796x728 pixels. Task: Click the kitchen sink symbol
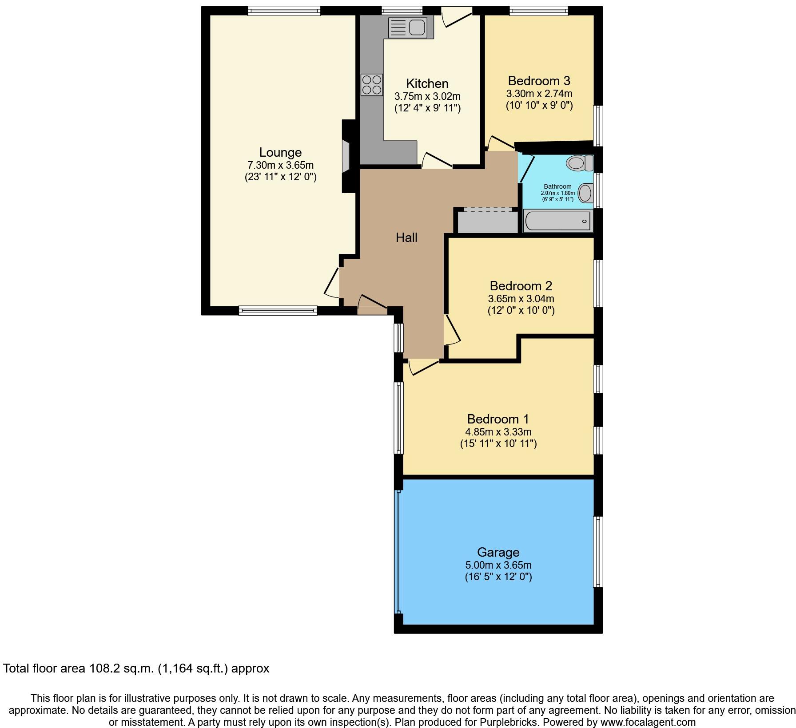(408, 28)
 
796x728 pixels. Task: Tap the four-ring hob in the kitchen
(372, 84)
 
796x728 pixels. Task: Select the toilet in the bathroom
(580, 163)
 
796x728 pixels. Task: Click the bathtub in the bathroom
(558, 221)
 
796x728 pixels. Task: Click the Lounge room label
(280, 152)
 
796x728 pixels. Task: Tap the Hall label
(406, 237)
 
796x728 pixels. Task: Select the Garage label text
(498, 552)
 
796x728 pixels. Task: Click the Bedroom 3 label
(539, 81)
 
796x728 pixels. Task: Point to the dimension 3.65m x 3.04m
(521, 299)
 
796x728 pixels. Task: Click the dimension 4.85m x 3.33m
(498, 432)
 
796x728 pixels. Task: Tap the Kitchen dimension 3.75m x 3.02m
(427, 96)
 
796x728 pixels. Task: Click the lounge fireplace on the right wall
(346, 156)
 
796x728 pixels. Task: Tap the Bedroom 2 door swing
(452, 329)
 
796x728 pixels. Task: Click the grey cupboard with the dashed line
(488, 220)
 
